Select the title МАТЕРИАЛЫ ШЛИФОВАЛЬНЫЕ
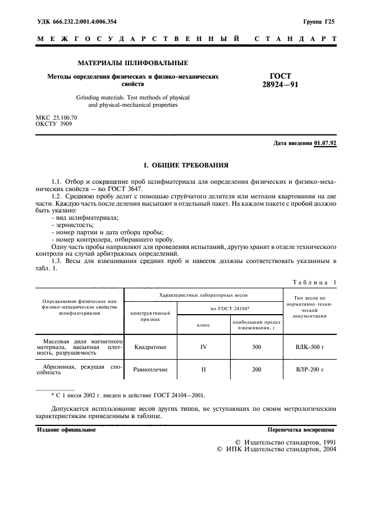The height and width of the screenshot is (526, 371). (132, 63)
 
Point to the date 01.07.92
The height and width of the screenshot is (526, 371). (326, 143)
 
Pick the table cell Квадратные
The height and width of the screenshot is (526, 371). (150, 347)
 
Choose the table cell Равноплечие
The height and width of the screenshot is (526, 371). (150, 370)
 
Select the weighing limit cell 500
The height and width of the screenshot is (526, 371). (256, 347)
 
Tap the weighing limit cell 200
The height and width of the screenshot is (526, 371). (256, 370)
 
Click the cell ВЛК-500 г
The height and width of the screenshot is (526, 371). (310, 347)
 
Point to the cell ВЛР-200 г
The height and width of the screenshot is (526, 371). (310, 370)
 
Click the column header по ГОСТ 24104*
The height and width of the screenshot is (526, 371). (230, 309)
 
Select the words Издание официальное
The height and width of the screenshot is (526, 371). (66, 430)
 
